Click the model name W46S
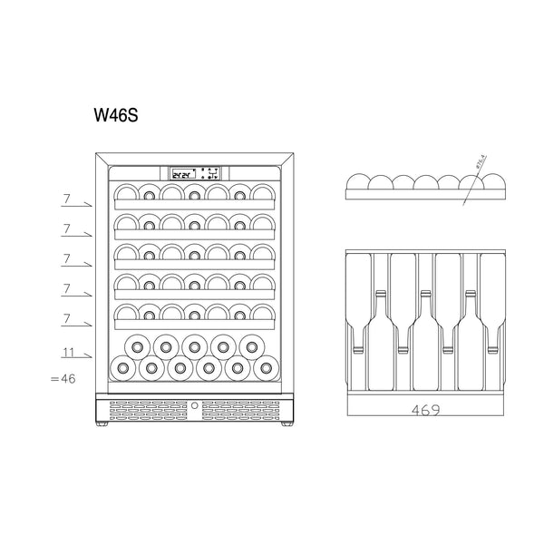click(x=115, y=117)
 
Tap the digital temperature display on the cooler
click(x=184, y=172)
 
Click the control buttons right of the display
click(x=209, y=172)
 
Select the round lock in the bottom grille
click(x=194, y=407)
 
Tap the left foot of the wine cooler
click(x=102, y=424)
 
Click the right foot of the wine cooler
click(x=286, y=424)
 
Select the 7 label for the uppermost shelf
click(x=66, y=198)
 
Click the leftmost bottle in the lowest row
click(x=119, y=368)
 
